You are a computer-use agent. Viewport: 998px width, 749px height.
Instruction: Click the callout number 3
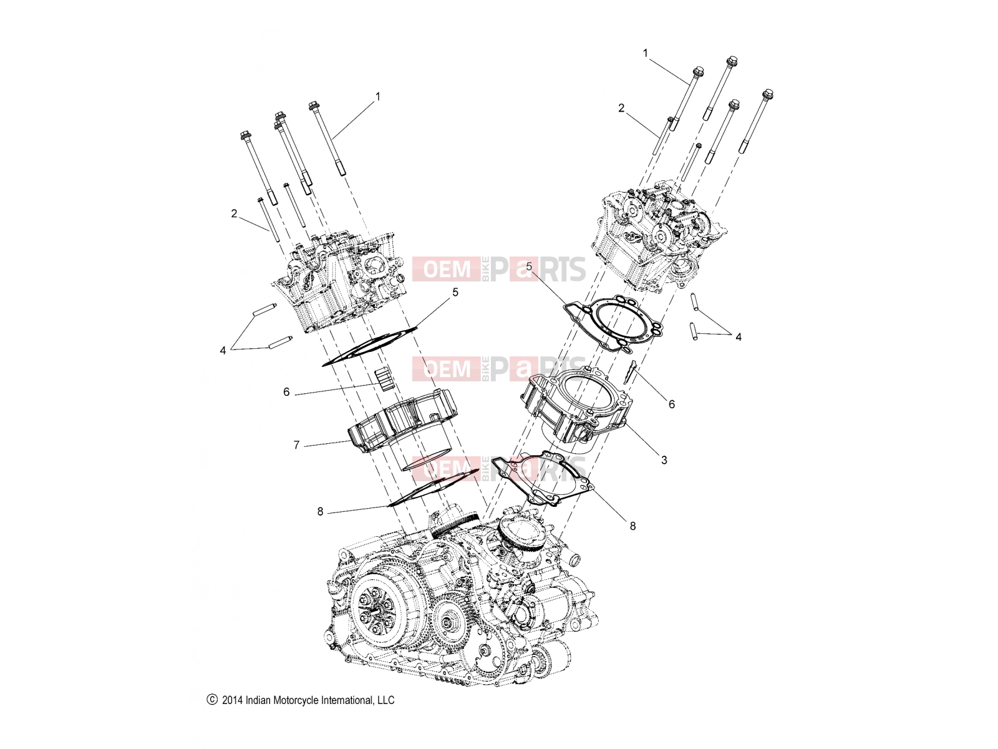(x=664, y=460)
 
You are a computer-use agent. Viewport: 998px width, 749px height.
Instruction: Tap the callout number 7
(x=296, y=445)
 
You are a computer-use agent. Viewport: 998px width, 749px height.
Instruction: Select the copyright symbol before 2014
(x=212, y=700)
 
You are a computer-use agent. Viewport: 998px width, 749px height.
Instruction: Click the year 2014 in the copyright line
(x=232, y=700)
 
